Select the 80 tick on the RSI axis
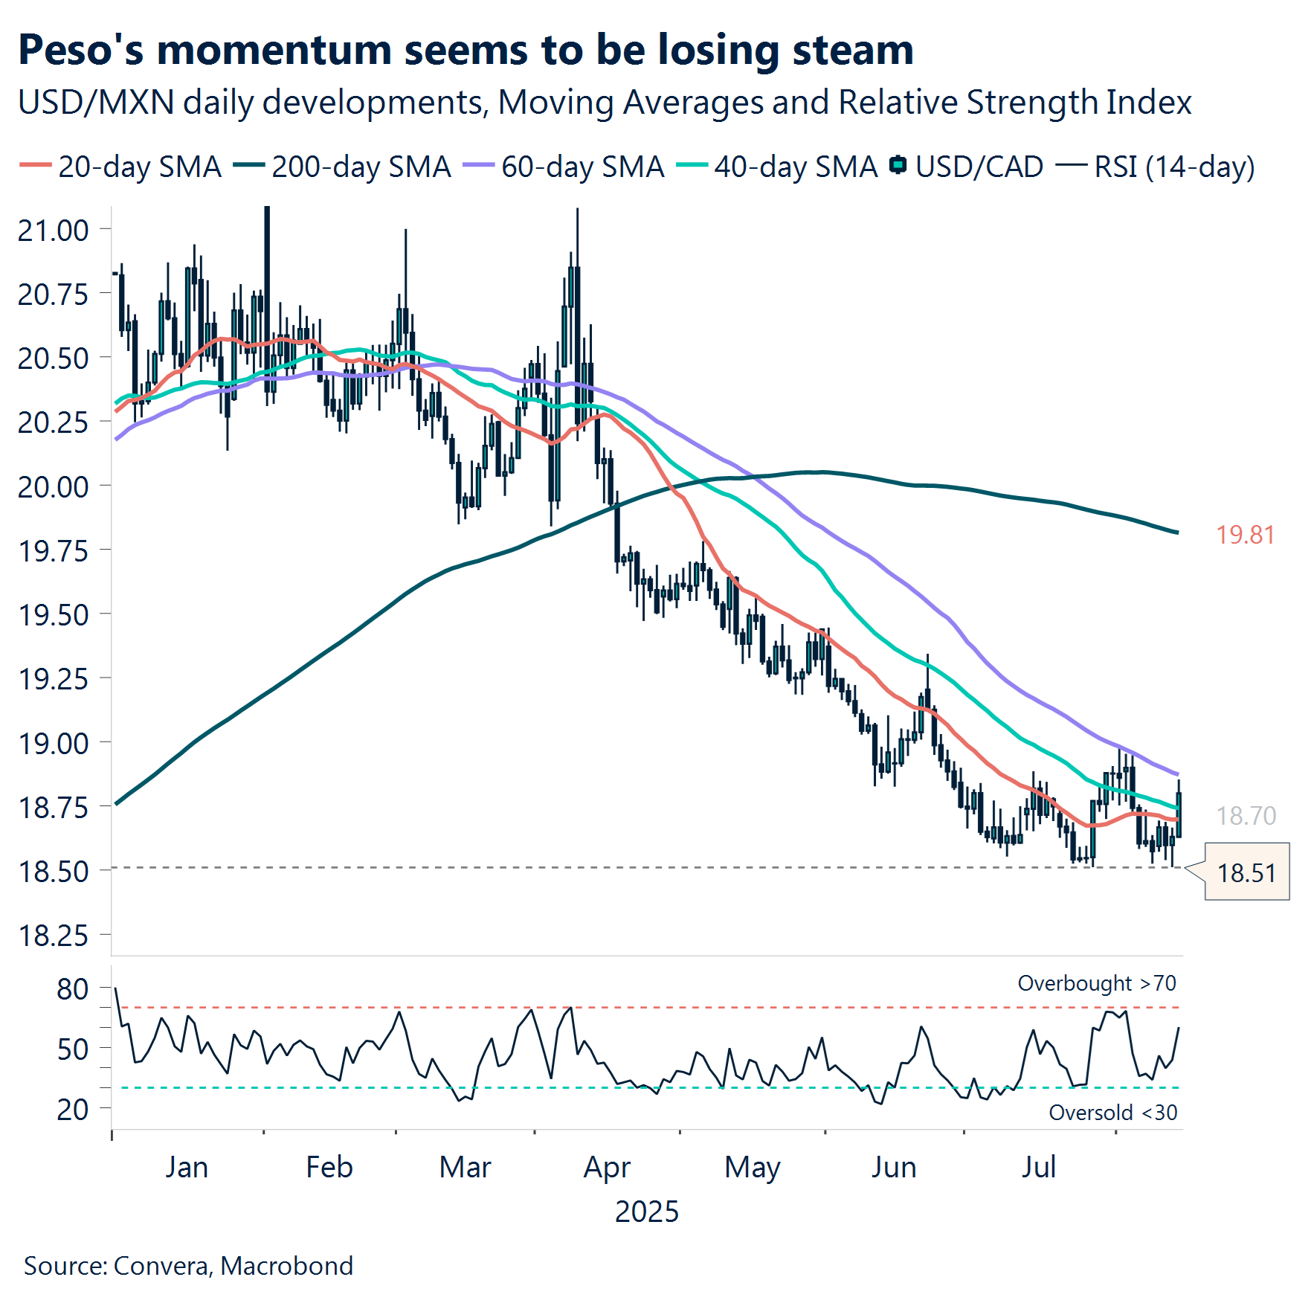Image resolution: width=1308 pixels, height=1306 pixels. [72, 989]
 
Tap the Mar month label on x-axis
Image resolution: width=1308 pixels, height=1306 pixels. [465, 1167]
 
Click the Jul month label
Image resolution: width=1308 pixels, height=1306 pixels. [1038, 1167]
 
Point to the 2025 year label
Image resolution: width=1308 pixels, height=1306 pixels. [646, 1212]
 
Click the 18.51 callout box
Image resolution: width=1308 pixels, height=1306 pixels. [1246, 872]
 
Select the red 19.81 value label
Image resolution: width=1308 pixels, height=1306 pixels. [1245, 535]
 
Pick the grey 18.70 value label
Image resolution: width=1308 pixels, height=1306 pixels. [1246, 816]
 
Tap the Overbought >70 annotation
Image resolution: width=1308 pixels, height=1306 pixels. [1097, 983]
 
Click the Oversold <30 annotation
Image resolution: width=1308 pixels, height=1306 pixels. [1112, 1113]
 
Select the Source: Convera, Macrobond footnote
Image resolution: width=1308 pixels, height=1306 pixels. [188, 1266]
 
